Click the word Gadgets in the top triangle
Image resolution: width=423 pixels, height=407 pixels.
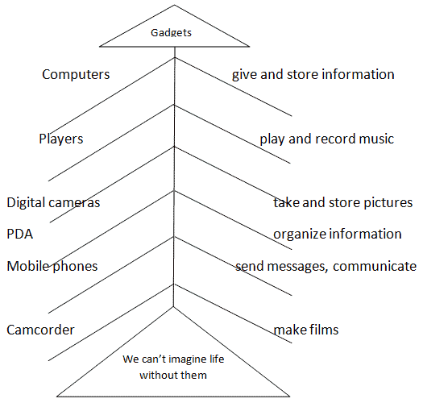pos(171,33)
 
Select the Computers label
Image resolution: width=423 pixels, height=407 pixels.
pos(76,74)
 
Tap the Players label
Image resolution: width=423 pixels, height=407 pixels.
pos(61,139)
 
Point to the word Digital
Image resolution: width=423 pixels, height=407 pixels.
pos(26,202)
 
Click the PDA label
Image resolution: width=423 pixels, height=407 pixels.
pos(19,234)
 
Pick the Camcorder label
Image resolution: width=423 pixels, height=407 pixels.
pos(40,330)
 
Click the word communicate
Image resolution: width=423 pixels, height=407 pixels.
pos(375,267)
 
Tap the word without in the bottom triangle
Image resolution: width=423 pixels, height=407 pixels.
pos(157,375)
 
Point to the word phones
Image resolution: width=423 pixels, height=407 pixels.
pos(75,267)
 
